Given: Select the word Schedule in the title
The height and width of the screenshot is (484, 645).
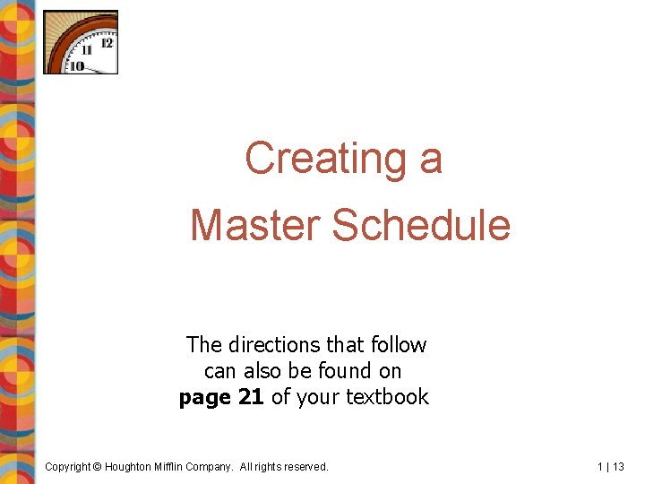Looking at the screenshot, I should pos(421,225).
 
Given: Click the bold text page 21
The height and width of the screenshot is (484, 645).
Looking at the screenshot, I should pos(221,397).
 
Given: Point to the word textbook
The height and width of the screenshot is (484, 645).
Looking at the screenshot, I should pos(387,397).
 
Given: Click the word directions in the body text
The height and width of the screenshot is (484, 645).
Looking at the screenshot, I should pos(273,345).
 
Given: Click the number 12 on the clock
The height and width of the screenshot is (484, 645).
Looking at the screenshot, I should pos(107,42).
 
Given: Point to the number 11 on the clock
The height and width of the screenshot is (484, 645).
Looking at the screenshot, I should pos(87,50).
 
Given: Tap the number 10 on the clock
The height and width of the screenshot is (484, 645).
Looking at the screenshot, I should pos(77,65).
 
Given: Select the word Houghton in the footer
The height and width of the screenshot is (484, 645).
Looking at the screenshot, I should pos(133,467).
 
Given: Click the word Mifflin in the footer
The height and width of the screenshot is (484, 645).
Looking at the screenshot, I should pos(177,467).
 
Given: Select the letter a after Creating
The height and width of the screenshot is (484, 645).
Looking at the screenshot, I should pos(431,160).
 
